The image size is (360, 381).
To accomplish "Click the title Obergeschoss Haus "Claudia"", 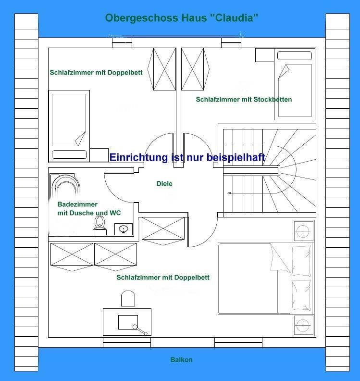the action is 181,18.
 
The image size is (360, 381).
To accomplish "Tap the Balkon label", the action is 181,360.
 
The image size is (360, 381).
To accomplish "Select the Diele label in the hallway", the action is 164,183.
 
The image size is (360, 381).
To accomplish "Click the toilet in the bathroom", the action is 99,225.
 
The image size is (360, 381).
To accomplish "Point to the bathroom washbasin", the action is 124,229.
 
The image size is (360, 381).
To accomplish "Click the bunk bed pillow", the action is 295,56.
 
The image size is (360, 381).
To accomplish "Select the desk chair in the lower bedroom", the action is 128,298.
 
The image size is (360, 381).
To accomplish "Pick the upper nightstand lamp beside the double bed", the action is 303,231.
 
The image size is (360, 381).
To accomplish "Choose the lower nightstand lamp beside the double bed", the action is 303,325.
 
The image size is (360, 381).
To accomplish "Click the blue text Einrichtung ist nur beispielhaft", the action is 187,157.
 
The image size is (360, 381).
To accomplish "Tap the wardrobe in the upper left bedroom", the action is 162,69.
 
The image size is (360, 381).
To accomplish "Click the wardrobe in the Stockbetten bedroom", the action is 195,69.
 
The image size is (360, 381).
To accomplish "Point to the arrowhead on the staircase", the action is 229,193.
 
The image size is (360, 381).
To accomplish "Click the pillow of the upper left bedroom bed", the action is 69,154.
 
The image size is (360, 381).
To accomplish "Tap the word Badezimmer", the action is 77,204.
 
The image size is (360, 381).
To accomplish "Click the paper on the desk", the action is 128,322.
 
